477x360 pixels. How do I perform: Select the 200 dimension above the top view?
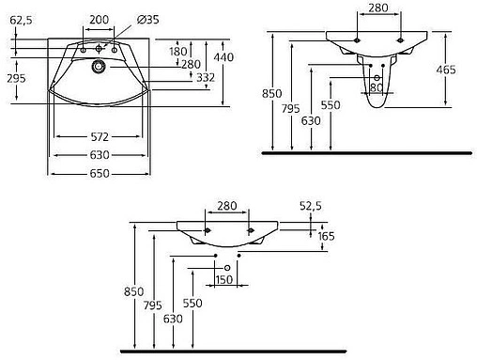click(x=99, y=20)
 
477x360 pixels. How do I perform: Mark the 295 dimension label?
click(x=16, y=78)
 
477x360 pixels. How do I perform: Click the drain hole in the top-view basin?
click(x=99, y=66)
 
